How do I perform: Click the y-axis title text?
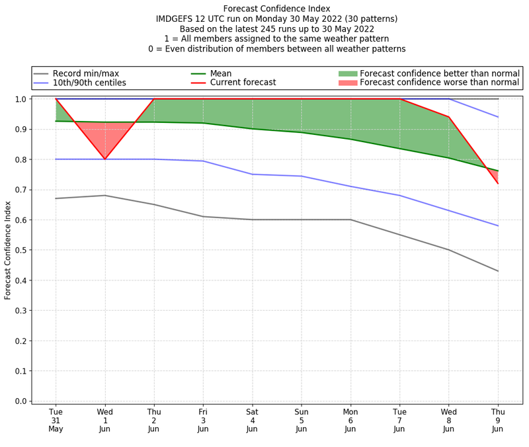tap(9, 250)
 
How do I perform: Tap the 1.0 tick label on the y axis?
tap(20, 99)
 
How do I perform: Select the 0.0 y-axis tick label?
tap(20, 401)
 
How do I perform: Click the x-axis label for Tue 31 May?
tap(56, 421)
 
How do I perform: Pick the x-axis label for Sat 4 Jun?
tap(252, 421)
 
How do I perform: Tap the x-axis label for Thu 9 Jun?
tap(497, 421)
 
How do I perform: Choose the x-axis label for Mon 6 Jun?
tap(350, 421)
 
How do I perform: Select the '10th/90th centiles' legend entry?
tap(99, 83)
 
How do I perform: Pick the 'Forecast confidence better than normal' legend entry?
tap(439, 73)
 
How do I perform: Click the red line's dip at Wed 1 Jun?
tap(104, 159)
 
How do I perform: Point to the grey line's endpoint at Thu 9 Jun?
tap(497, 271)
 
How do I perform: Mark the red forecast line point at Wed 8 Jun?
tap(448, 117)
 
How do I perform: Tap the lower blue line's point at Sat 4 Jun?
tap(252, 174)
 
